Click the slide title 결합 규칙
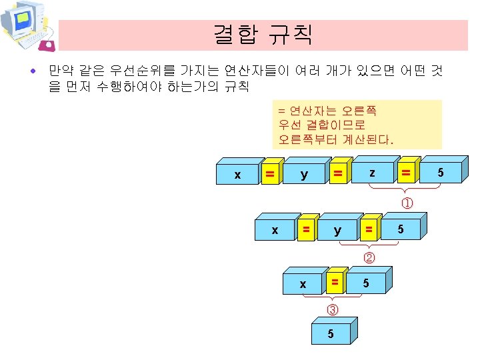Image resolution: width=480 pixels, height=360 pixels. tap(263, 34)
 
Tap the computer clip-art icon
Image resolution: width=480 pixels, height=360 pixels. tap(27, 27)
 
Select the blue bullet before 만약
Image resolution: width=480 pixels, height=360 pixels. tap(39, 69)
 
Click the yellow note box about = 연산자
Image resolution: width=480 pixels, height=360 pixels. tap(359, 124)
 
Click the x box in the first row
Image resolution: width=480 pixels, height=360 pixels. tap(238, 175)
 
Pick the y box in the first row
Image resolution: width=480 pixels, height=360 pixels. tap(304, 175)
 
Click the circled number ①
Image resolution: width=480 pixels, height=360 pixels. tap(406, 202)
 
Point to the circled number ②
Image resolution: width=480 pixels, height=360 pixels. tap(369, 257)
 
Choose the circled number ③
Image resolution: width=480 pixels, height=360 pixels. tap(333, 309)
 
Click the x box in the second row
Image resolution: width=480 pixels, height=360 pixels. tap(275, 231)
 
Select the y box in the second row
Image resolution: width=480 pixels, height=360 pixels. tap(337, 231)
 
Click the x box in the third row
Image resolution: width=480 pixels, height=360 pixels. tap(303, 284)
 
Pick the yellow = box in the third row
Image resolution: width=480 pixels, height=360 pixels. tap(335, 283)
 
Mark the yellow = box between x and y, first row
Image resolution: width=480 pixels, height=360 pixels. tap(270, 174)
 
